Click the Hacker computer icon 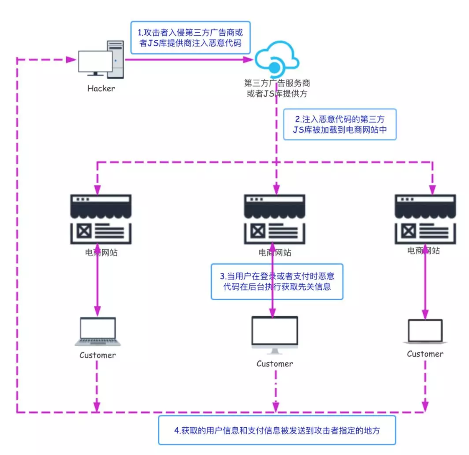click(x=101, y=60)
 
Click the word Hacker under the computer click(x=101, y=89)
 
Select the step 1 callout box click(x=190, y=38)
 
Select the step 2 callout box click(x=340, y=125)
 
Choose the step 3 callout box click(x=277, y=282)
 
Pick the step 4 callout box click(x=277, y=430)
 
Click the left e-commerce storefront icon click(x=101, y=219)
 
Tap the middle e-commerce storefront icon click(x=274, y=219)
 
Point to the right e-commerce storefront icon click(x=425, y=219)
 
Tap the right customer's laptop click(x=425, y=331)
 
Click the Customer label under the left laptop click(x=97, y=355)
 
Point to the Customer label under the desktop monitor click(x=274, y=364)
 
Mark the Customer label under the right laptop click(x=425, y=354)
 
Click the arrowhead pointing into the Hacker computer click(x=71, y=60)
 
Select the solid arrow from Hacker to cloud click(x=187, y=60)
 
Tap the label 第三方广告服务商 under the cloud click(x=277, y=83)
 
